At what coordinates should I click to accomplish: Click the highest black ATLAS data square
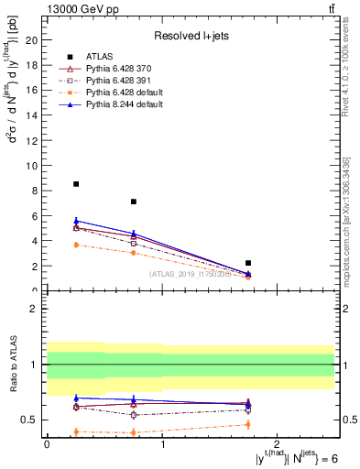(76, 184)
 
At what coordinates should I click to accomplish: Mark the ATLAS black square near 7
(134, 202)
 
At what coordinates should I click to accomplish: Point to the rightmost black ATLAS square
(248, 263)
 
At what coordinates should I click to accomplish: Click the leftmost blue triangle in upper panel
(76, 221)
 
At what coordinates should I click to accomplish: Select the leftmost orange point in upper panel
(76, 245)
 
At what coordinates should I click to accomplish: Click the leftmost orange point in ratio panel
(76, 431)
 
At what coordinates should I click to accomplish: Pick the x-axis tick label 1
(162, 443)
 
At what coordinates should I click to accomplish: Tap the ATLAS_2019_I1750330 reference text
(190, 273)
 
